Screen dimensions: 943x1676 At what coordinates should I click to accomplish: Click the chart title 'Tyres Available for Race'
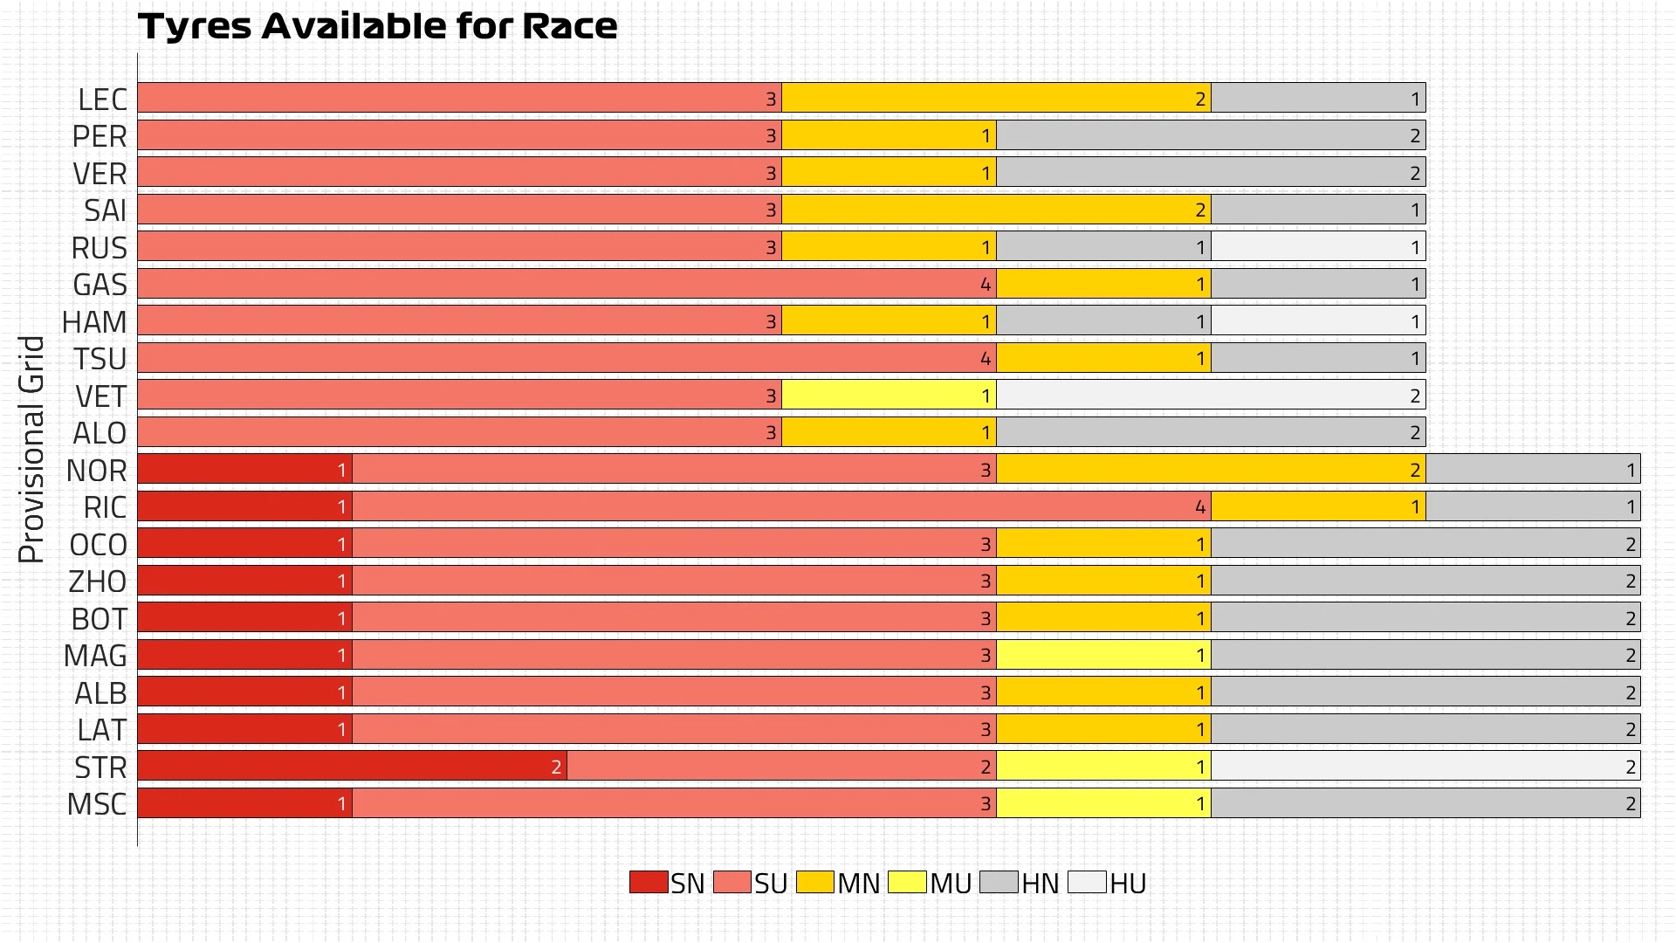coord(377,26)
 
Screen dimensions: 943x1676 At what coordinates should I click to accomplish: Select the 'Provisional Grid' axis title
coord(31,449)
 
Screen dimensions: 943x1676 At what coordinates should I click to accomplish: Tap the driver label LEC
coord(102,100)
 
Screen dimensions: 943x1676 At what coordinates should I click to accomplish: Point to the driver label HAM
coord(94,322)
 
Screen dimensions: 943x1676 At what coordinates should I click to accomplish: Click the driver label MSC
coord(97,804)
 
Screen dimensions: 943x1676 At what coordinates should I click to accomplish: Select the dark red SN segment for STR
coord(352,766)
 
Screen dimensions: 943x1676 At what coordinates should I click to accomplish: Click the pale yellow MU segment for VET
coord(889,395)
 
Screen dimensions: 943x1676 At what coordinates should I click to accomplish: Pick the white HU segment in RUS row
coord(1318,246)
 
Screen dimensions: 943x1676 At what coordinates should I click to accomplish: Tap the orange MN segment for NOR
coord(1211,469)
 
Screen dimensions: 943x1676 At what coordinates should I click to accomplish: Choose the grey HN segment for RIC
coord(1533,506)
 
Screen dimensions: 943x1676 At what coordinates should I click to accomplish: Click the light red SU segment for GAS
coord(567,284)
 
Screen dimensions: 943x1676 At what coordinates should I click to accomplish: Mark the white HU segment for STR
coord(1425,766)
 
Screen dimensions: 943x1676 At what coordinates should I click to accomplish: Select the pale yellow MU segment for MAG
coord(1103,655)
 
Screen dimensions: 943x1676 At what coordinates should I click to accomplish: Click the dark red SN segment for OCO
coord(244,543)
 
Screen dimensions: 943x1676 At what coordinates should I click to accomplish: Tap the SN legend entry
coord(667,883)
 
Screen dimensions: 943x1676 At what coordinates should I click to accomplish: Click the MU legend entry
coord(930,883)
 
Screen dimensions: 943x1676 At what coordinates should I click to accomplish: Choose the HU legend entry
coord(1107,883)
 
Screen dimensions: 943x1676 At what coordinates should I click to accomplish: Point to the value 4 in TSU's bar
coord(986,358)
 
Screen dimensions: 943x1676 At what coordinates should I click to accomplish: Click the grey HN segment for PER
coord(1211,135)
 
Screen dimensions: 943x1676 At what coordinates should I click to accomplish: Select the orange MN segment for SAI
coord(996,210)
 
